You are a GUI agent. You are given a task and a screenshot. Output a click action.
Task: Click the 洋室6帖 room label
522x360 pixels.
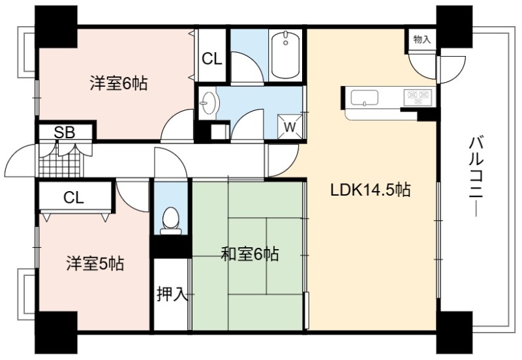pyautogui.click(x=119, y=83)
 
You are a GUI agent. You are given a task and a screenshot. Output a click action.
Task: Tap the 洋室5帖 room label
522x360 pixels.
pyautogui.click(x=95, y=263)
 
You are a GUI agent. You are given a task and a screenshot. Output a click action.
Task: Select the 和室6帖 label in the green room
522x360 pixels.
pyautogui.click(x=251, y=254)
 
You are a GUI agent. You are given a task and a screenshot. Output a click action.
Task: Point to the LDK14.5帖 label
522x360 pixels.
pyautogui.click(x=370, y=190)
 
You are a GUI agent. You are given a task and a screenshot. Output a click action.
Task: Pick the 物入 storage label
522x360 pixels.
pyautogui.click(x=422, y=39)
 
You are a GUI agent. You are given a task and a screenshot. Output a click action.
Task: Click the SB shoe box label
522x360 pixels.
pyautogui.click(x=65, y=132)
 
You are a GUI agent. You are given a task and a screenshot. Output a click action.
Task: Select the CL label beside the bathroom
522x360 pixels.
pyautogui.click(x=211, y=59)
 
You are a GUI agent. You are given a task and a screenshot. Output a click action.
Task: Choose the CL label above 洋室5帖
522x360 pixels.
pyautogui.click(x=74, y=198)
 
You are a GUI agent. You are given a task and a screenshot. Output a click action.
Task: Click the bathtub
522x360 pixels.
pyautogui.click(x=285, y=55)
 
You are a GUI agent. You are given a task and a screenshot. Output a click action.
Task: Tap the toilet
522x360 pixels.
pyautogui.click(x=171, y=221)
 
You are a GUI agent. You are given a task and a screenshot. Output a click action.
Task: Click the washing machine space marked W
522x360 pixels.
pyautogui.click(x=290, y=127)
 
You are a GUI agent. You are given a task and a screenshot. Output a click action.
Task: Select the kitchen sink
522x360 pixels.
pyautogui.click(x=364, y=98)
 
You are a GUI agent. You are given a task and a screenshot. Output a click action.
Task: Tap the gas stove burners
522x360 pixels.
pyautogui.click(x=418, y=97)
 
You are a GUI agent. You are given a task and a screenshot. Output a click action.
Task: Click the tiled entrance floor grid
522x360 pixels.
pyautogui.click(x=60, y=161)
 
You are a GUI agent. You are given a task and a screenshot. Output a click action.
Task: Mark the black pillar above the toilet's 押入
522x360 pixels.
pyautogui.click(x=170, y=247)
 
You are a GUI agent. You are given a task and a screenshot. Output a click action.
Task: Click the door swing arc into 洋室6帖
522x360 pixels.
pyautogui.click(x=175, y=123)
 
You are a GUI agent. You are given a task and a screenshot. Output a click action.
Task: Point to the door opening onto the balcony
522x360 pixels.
pyautogui.click(x=452, y=70)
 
